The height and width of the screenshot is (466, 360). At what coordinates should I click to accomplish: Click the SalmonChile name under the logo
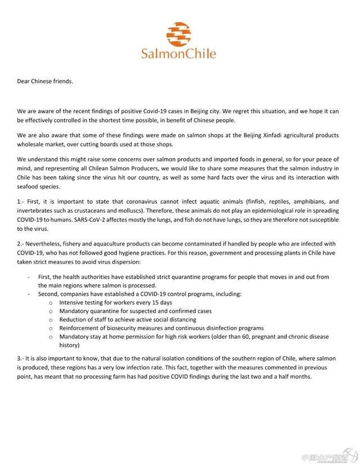[179, 54]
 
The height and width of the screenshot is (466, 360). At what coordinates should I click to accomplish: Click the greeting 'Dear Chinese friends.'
[45, 81]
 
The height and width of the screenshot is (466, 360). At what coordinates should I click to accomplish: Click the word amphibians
[303, 202]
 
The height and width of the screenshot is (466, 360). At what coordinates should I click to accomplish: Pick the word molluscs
[119, 210]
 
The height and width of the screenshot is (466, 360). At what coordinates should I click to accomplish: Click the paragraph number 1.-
[21, 202]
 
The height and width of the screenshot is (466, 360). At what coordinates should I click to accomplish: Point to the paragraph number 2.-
[21, 243]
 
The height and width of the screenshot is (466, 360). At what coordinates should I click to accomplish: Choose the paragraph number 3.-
[21, 359]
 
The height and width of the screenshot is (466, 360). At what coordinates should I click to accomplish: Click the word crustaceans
[84, 210]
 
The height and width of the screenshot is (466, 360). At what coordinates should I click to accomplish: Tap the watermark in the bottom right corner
[329, 458]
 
